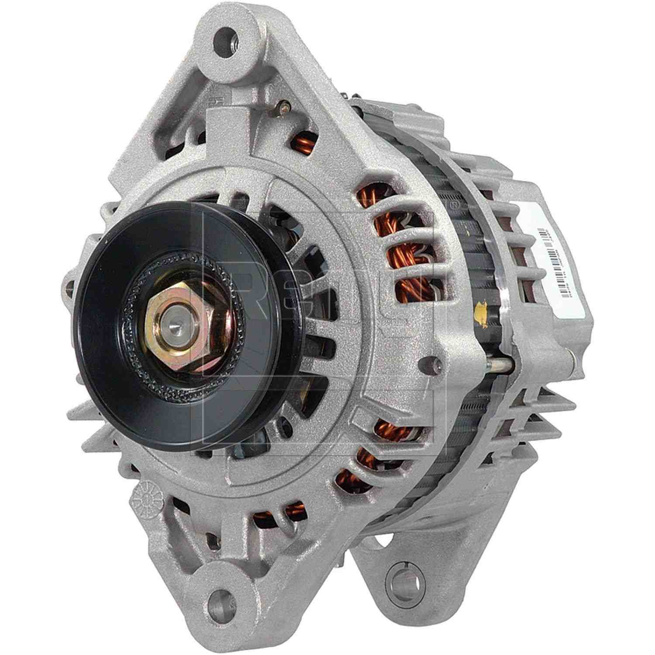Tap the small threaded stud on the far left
pyautogui.click(x=69, y=288)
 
